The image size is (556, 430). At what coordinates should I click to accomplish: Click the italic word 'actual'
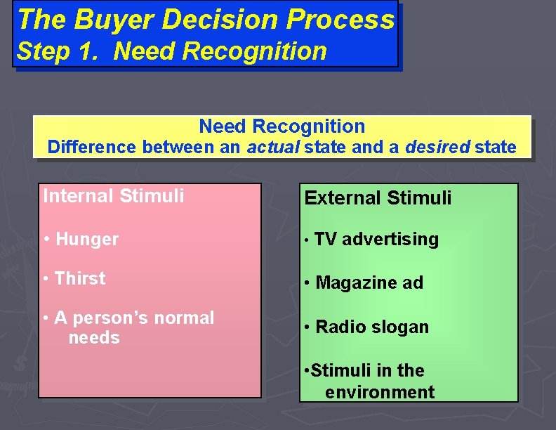click(274, 148)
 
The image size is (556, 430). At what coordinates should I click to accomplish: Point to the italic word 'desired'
click(437, 148)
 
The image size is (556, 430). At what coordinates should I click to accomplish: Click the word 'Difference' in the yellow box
click(92, 148)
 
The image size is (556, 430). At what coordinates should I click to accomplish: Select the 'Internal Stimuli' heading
click(114, 195)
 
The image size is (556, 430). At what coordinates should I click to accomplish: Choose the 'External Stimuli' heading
click(378, 197)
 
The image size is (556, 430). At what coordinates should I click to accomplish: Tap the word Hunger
click(87, 239)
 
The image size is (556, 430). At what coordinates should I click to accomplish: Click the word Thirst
click(80, 278)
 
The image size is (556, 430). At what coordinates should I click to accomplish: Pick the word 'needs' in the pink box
click(94, 338)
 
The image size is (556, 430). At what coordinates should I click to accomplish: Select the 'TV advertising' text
click(376, 239)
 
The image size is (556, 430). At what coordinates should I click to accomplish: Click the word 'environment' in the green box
click(380, 391)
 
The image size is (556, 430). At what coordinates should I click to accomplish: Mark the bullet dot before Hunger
click(46, 240)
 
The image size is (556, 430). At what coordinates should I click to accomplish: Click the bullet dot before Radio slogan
click(307, 327)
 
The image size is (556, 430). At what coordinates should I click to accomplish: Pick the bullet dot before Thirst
click(46, 279)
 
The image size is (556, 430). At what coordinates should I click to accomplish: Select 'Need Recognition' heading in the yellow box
click(282, 126)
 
